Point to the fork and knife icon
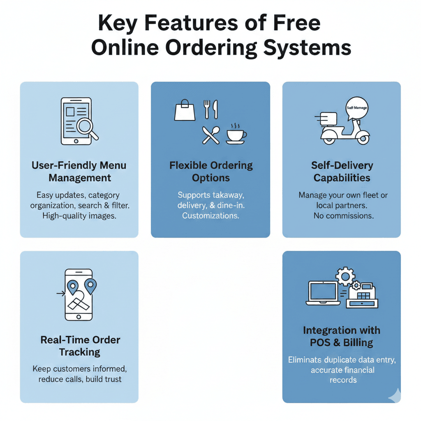pos(211,109)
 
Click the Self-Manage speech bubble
pos(356,108)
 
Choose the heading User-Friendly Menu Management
pos(79,172)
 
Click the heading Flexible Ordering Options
pos(211,172)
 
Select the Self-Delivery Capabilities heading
pos(342,172)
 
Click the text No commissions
pos(343,215)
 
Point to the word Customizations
pos(210,215)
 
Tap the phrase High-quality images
pos(79,215)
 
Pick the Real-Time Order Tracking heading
pos(80,346)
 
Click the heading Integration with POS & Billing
pos(342,336)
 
